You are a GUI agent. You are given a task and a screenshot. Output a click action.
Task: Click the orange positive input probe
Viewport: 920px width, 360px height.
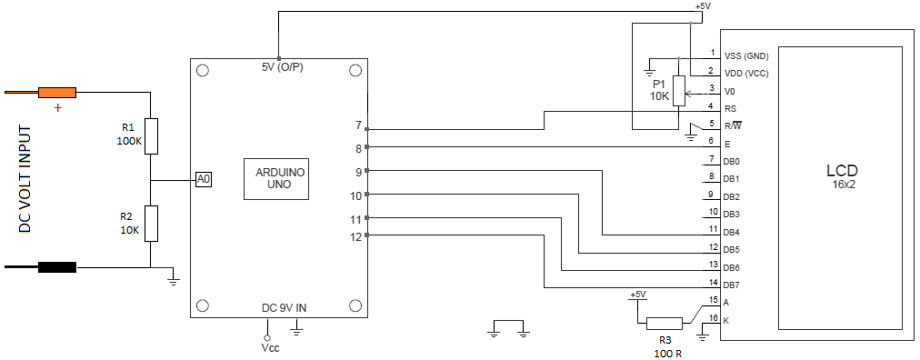pos(56,92)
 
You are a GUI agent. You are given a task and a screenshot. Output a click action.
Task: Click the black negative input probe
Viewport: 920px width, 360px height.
pos(56,267)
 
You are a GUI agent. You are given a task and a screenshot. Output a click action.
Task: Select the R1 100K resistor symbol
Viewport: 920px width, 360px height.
pos(152,135)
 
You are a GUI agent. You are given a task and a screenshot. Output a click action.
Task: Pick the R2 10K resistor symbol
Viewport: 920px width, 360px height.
pos(152,223)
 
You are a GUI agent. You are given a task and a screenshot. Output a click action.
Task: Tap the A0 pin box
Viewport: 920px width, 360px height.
pos(204,179)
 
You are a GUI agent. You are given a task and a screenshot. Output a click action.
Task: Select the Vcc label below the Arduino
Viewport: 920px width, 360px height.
pos(269,348)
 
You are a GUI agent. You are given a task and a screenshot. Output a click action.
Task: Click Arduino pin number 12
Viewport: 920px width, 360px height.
pos(355,236)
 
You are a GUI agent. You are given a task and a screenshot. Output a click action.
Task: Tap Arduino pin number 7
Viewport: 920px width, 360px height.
pos(358,125)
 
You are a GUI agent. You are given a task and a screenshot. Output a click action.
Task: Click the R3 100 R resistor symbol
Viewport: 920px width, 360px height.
pos(664,322)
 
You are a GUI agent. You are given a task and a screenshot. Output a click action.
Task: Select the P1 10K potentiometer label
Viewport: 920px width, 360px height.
pos(659,89)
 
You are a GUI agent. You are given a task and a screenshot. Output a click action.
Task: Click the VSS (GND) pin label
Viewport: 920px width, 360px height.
pos(746,55)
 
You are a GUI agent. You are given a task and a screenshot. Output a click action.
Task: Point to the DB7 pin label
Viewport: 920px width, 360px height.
pos(731,285)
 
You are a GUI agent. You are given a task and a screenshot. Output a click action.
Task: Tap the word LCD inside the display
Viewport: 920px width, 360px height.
pos(841,170)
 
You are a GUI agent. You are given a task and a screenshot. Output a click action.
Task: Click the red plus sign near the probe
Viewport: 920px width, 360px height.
pos(59,107)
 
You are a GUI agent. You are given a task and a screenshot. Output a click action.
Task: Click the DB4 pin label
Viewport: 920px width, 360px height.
pos(731,232)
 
